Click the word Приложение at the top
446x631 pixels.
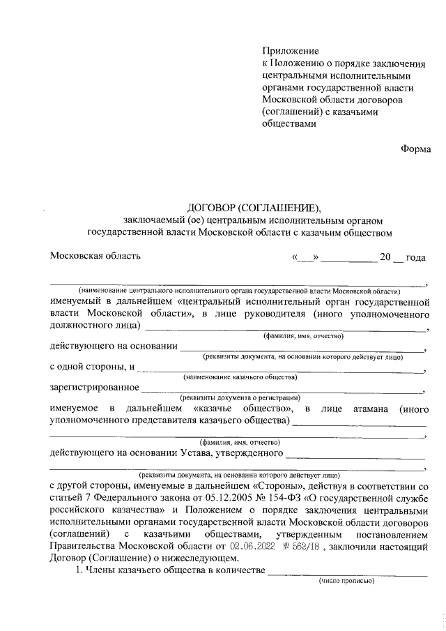[x=290, y=51]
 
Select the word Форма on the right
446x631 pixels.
[x=415, y=148]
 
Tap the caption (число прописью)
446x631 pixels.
[x=346, y=580]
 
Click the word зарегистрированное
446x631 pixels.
[x=94, y=387]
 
